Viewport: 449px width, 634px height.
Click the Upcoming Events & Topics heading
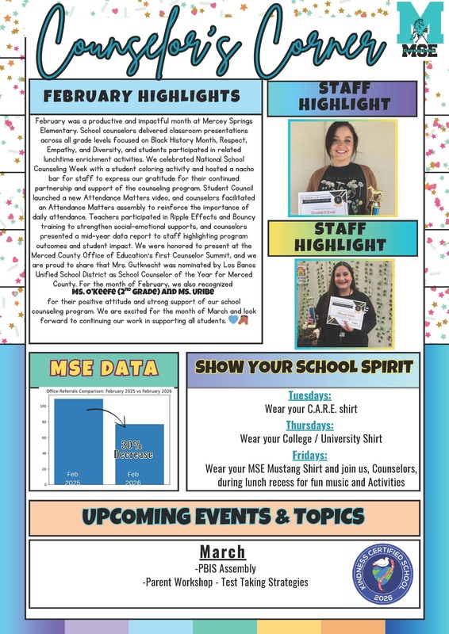pyautogui.click(x=224, y=518)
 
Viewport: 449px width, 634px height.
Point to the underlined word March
pyautogui.click(x=223, y=552)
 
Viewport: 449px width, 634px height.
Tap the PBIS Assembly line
pyautogui.click(x=224, y=568)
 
